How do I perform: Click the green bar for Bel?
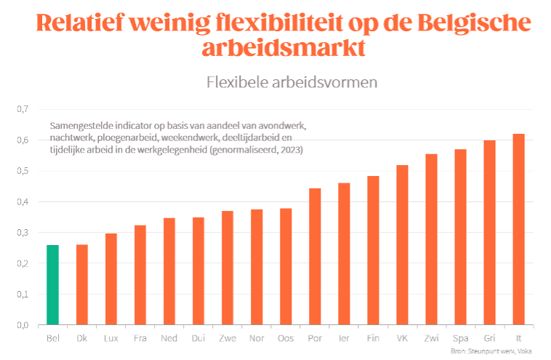53,285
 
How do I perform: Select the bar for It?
518,229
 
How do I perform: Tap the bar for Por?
315,256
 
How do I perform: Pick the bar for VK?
402,245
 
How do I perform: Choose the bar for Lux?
111,279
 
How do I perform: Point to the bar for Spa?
460,237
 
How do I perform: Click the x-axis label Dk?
82,338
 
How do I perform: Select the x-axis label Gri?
489,338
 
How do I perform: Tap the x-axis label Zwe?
228,338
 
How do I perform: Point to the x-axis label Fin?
373,338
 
